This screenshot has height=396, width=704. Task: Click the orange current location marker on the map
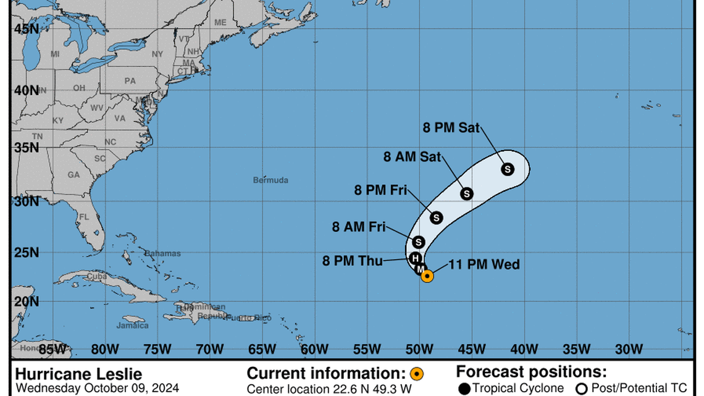tap(427, 276)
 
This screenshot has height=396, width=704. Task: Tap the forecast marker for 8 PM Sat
tap(508, 169)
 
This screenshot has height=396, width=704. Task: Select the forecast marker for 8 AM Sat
tap(467, 193)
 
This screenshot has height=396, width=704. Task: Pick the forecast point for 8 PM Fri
tap(437, 217)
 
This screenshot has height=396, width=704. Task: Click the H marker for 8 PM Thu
tap(416, 258)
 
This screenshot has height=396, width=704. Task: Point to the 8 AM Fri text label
tap(358, 227)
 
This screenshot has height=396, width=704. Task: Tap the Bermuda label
tap(270, 180)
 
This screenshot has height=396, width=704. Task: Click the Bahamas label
tap(163, 253)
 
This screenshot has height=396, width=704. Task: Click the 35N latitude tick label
tap(28, 148)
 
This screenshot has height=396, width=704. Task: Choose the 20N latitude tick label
tap(28, 301)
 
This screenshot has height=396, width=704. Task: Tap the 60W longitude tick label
tap(315, 350)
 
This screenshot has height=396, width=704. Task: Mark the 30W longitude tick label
tap(630, 350)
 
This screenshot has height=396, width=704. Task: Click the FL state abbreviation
tap(84, 217)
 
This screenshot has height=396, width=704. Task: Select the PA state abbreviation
tap(130, 81)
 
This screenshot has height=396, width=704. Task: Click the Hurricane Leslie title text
tap(78, 374)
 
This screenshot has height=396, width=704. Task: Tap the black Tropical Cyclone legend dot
tap(464, 388)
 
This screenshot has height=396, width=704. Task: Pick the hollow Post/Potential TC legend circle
tap(580, 388)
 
